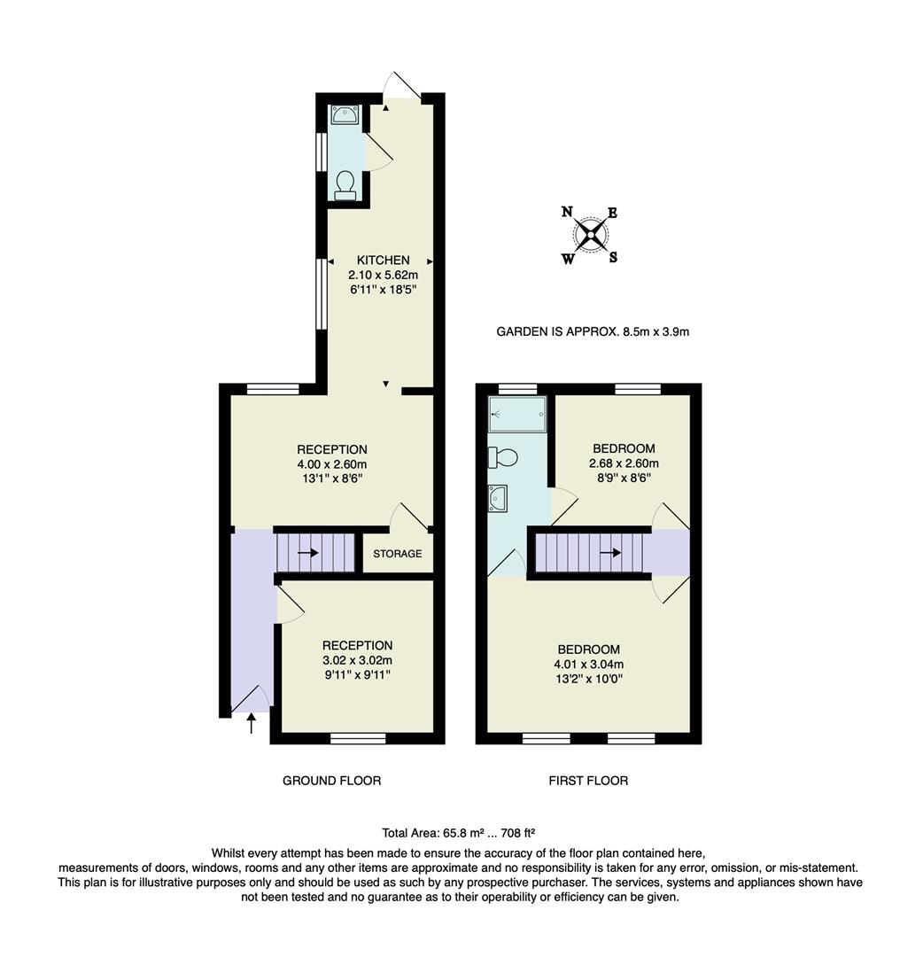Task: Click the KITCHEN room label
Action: (x=383, y=260)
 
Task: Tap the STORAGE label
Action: (x=397, y=554)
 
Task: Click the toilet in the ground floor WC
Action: (x=345, y=181)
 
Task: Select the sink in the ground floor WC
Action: (x=344, y=114)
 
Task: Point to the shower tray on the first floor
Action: (x=518, y=414)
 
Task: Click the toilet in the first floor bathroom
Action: (x=502, y=457)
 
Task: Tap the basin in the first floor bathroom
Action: (x=499, y=499)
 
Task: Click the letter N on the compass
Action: (x=567, y=211)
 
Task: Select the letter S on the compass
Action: (x=613, y=258)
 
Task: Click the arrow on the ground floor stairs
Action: (x=308, y=552)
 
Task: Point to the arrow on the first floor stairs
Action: (x=610, y=552)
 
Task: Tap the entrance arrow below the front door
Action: (x=251, y=723)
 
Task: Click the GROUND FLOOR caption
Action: (x=331, y=781)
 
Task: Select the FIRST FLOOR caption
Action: (x=588, y=781)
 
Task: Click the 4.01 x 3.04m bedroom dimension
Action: (x=588, y=664)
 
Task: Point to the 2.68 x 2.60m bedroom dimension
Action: (x=624, y=463)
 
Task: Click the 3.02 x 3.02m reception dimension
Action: (x=357, y=659)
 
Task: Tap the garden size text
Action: (x=592, y=331)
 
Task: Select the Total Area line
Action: (x=458, y=833)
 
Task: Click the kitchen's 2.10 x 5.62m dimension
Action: (x=383, y=275)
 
